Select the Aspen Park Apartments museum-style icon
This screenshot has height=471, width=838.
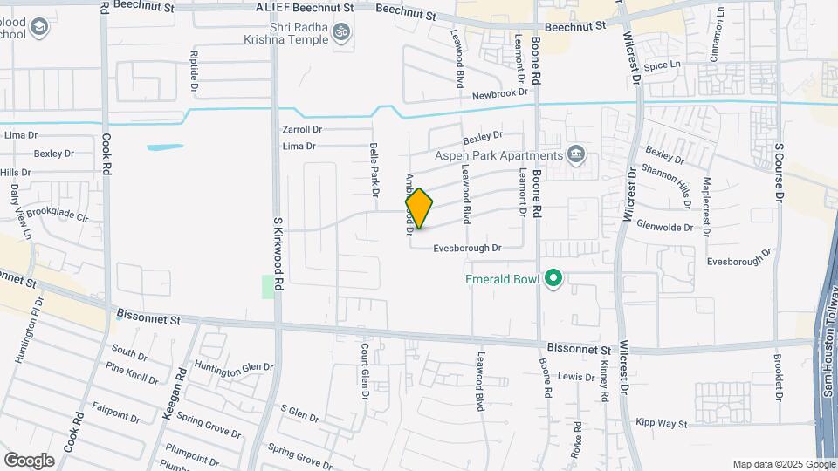pyautogui.click(x=575, y=155)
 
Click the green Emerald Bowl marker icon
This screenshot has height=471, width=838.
pyautogui.click(x=553, y=278)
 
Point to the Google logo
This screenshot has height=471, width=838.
pyautogui.click(x=28, y=460)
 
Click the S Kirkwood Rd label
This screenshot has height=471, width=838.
pyautogui.click(x=279, y=254)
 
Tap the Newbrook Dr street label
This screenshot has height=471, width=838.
pyautogui.click(x=500, y=92)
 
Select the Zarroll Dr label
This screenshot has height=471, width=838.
pyautogui.click(x=302, y=129)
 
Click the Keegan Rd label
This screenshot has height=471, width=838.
pyautogui.click(x=175, y=392)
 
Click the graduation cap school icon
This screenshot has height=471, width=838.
pyautogui.click(x=38, y=28)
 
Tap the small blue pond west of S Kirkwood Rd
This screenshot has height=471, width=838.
pyautogui.click(x=165, y=147)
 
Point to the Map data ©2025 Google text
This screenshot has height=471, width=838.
pyautogui.click(x=783, y=464)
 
